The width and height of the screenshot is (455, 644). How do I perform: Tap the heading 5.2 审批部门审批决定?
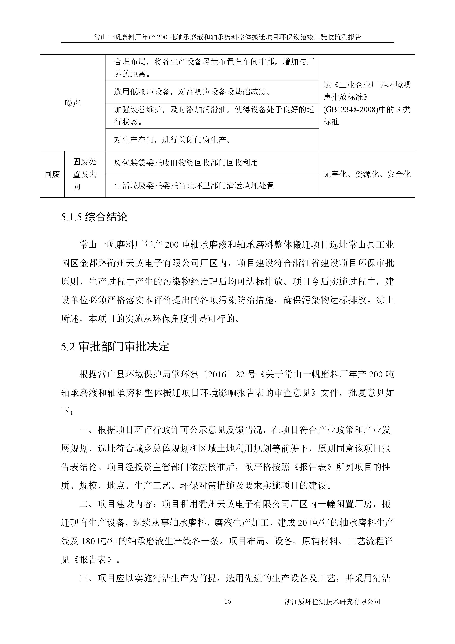click(115, 347)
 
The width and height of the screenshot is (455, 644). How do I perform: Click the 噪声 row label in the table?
click(73, 103)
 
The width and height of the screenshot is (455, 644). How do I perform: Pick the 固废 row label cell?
click(52, 174)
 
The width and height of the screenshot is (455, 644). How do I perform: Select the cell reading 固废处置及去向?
click(85, 174)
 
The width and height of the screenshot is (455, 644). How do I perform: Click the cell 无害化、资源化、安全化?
click(367, 174)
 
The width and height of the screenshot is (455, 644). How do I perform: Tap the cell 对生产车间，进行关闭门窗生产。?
click(173, 140)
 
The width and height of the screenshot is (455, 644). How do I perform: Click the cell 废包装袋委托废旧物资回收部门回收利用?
click(186, 163)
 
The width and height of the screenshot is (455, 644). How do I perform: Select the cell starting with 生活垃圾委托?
click(194, 186)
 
